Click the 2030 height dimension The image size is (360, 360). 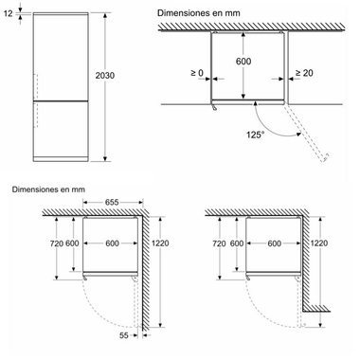105,76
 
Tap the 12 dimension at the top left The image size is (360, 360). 9,13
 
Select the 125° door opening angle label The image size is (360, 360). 256,135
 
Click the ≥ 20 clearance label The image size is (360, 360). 304,73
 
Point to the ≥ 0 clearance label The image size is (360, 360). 197,73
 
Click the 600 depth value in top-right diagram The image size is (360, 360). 243,61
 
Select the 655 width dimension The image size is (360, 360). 112,202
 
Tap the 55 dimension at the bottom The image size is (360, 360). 124,335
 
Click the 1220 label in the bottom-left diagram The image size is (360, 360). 160,243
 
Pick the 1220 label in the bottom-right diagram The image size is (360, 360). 319,243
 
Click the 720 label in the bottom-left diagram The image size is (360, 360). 57,243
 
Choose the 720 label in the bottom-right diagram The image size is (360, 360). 219,243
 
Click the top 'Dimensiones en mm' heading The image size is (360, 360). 199,13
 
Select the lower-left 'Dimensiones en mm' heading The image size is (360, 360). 48,189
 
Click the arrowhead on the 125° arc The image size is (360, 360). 298,135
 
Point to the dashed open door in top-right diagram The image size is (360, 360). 306,133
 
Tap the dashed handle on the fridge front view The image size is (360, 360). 36,100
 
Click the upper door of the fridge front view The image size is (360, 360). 61,58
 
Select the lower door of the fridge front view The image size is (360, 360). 61,129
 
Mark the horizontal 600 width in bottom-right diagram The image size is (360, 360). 274,243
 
